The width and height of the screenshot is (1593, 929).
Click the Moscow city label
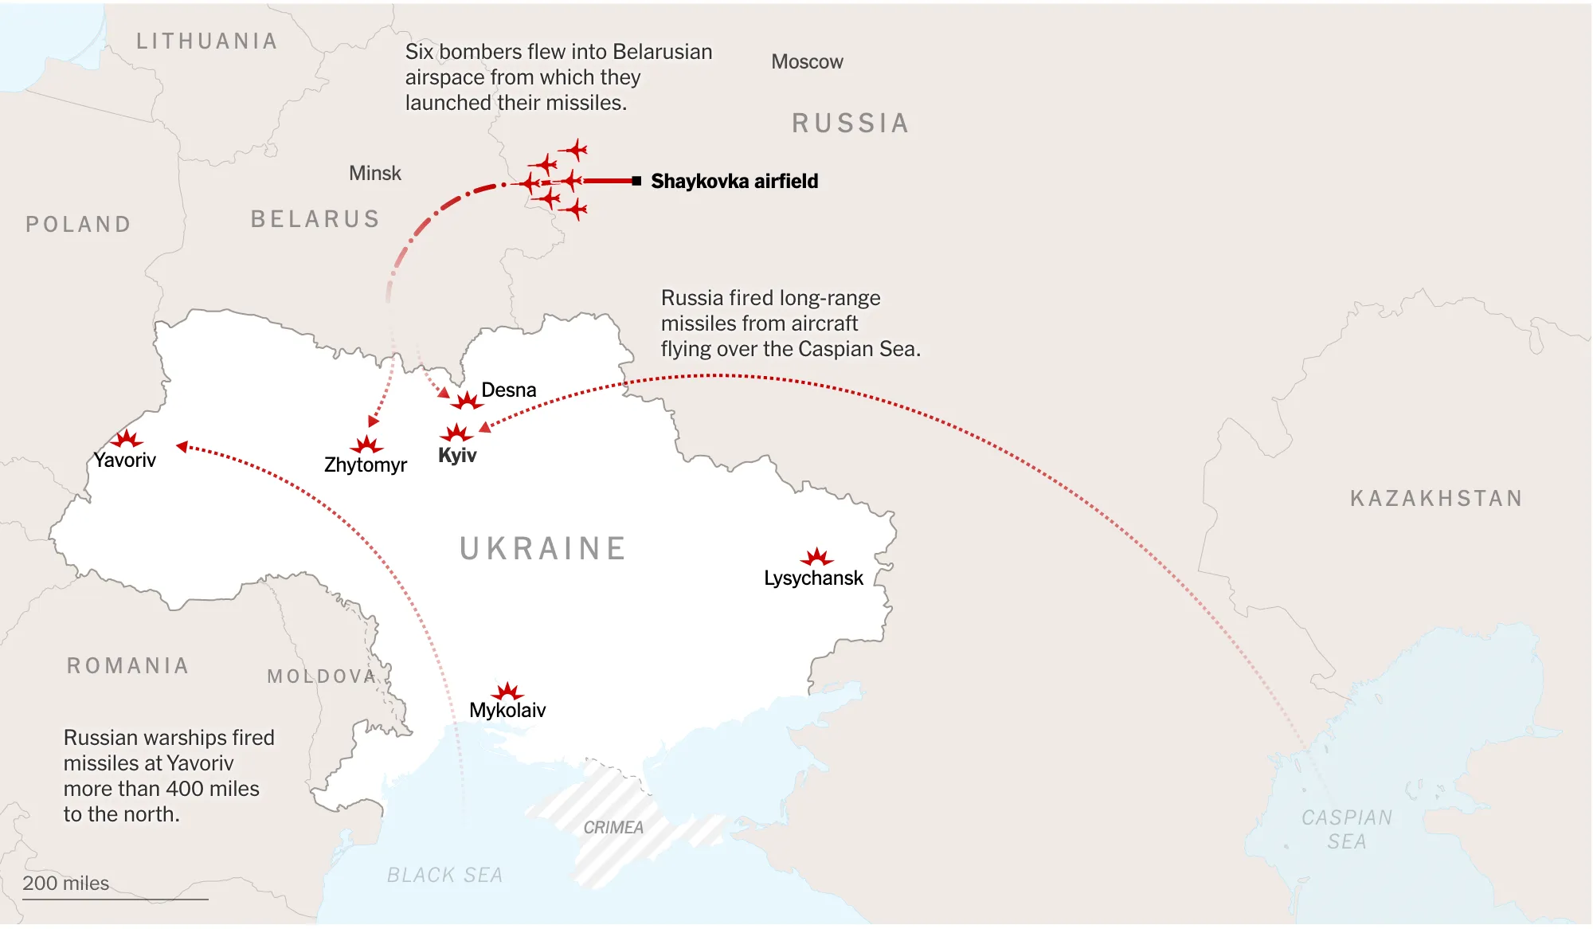[807, 62]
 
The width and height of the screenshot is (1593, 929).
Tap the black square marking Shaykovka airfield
[636, 181]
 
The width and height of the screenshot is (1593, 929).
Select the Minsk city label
[374, 174]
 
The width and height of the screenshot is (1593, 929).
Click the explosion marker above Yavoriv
[126, 439]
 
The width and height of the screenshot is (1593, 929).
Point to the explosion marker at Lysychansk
[816, 557]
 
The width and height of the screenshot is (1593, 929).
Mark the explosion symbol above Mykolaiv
[507, 692]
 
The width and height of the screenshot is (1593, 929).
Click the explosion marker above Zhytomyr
[366, 445]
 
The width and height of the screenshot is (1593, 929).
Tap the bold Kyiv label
[457, 456]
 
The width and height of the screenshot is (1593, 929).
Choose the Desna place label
[508, 390]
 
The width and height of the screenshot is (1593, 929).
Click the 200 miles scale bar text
[65, 884]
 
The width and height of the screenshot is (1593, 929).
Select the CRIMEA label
[613, 828]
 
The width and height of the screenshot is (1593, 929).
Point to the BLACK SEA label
[444, 876]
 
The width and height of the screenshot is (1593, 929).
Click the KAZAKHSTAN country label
[1436, 499]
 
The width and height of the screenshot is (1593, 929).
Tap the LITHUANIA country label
[206, 41]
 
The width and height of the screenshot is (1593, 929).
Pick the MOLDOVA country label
[322, 676]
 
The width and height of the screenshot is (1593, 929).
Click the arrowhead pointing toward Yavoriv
[182, 447]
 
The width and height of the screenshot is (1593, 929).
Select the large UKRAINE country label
[542, 549]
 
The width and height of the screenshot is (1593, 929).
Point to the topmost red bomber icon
[574, 149]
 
